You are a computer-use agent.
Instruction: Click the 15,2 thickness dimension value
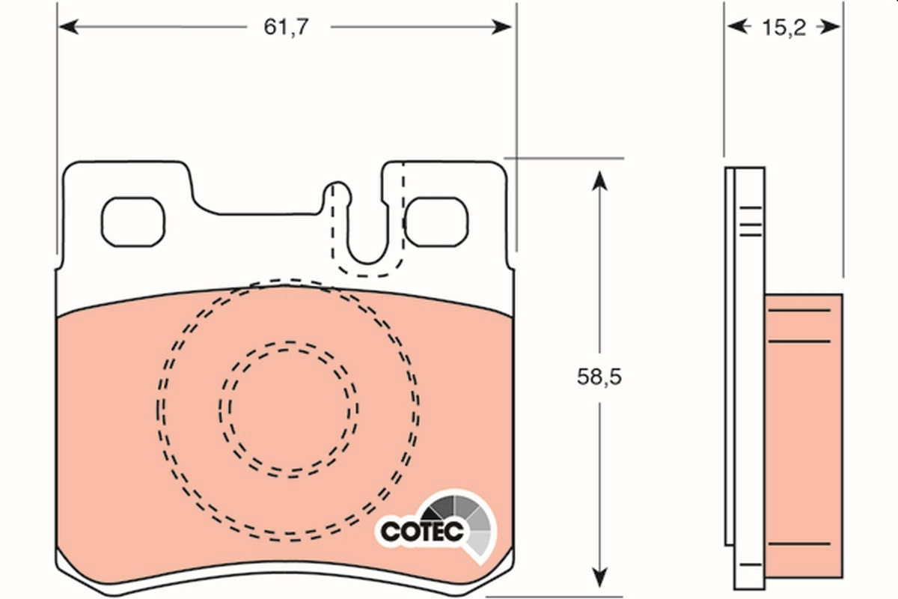tap(783, 28)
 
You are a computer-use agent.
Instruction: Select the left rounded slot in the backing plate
tap(132, 222)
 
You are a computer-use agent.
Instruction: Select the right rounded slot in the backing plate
tap(437, 222)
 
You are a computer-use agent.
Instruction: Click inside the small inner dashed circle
tap(288, 408)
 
